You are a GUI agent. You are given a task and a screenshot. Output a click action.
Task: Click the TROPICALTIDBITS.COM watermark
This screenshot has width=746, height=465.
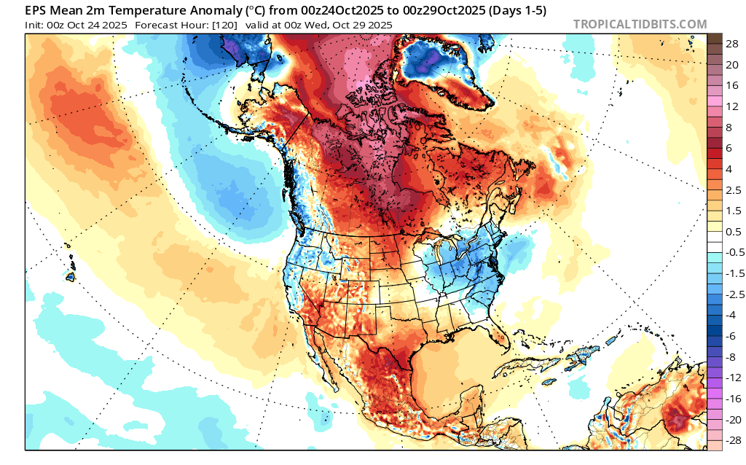(640, 24)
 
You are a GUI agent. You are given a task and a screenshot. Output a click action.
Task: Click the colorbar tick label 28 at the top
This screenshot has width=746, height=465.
(732, 44)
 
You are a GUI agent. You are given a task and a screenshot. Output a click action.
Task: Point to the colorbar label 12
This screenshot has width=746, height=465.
(732, 106)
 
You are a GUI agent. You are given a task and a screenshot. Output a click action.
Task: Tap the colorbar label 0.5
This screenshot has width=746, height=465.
(733, 232)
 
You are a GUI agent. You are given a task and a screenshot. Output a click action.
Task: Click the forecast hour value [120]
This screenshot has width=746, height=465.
(224, 25)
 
